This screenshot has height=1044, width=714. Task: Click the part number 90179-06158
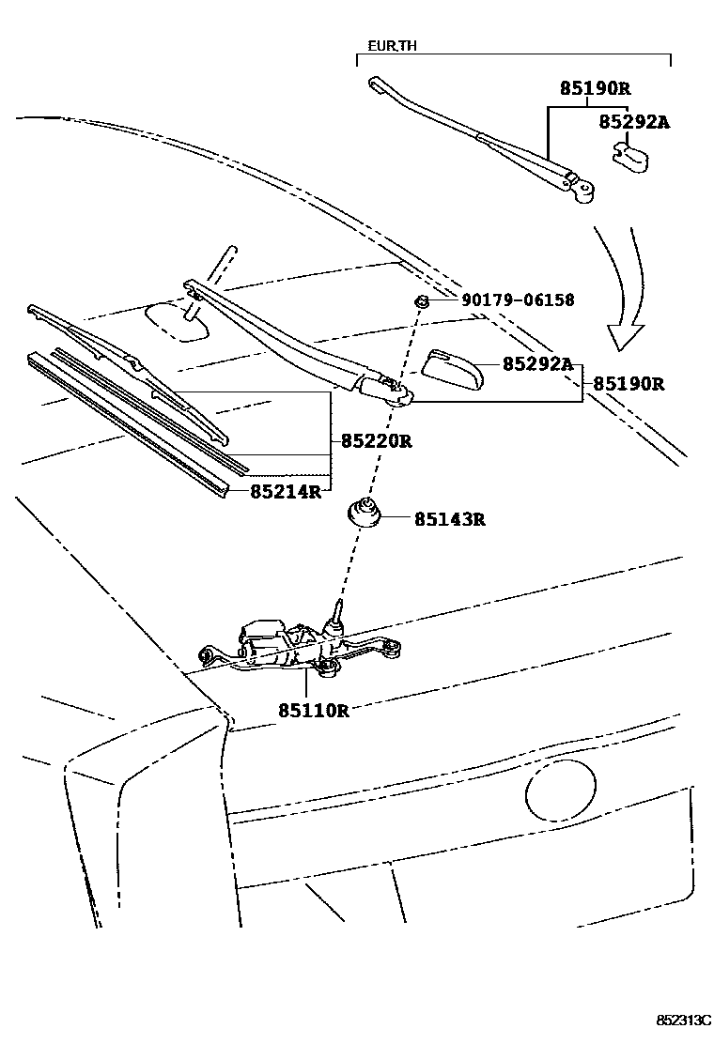click(x=518, y=300)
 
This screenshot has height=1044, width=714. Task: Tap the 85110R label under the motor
click(x=313, y=711)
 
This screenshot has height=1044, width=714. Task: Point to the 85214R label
click(x=285, y=490)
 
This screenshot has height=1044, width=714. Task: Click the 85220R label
click(x=376, y=440)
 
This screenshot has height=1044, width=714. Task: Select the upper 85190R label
click(x=595, y=89)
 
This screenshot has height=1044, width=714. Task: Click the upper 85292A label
click(x=636, y=121)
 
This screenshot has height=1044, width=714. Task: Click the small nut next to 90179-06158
click(x=422, y=301)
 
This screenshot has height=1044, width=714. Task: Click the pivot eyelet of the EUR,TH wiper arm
click(x=585, y=192)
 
